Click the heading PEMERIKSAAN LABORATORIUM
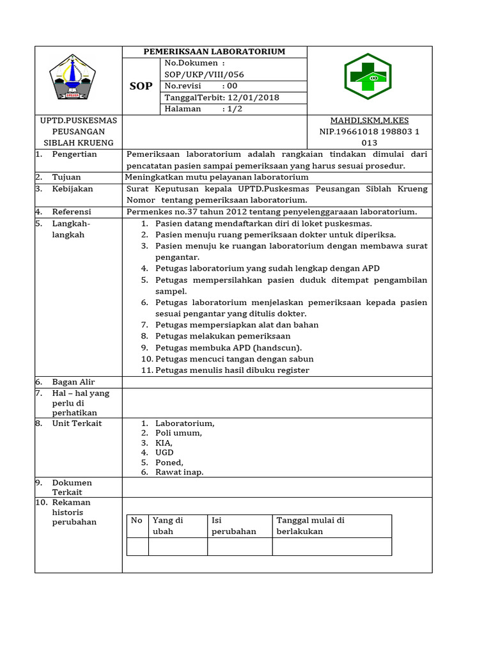[214, 52]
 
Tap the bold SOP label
[141, 86]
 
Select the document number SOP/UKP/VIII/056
[204, 75]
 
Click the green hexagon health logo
[368, 77]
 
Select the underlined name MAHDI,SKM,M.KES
[369, 121]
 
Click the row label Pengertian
[74, 154]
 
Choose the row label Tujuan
[66, 177]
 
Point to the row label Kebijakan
[72, 189]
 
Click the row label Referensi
[72, 212]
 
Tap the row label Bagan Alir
[74, 382]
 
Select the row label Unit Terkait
[77, 423]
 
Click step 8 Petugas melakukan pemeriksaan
[222, 336]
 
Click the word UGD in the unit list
[164, 453]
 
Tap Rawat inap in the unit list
[179, 473]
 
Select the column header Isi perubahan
[233, 526]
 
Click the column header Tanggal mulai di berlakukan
[311, 526]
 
